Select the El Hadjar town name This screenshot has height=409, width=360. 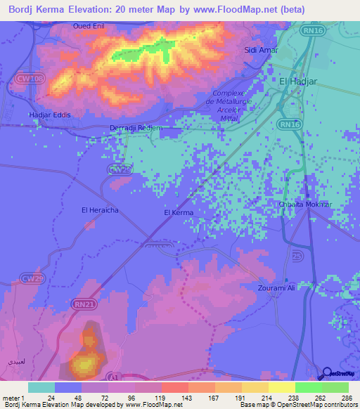click(299, 82)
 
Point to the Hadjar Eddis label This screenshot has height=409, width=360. click(49, 115)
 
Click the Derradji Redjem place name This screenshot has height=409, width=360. click(136, 128)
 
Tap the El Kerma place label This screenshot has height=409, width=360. click(178, 212)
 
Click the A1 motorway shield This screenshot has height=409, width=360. click(117, 377)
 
